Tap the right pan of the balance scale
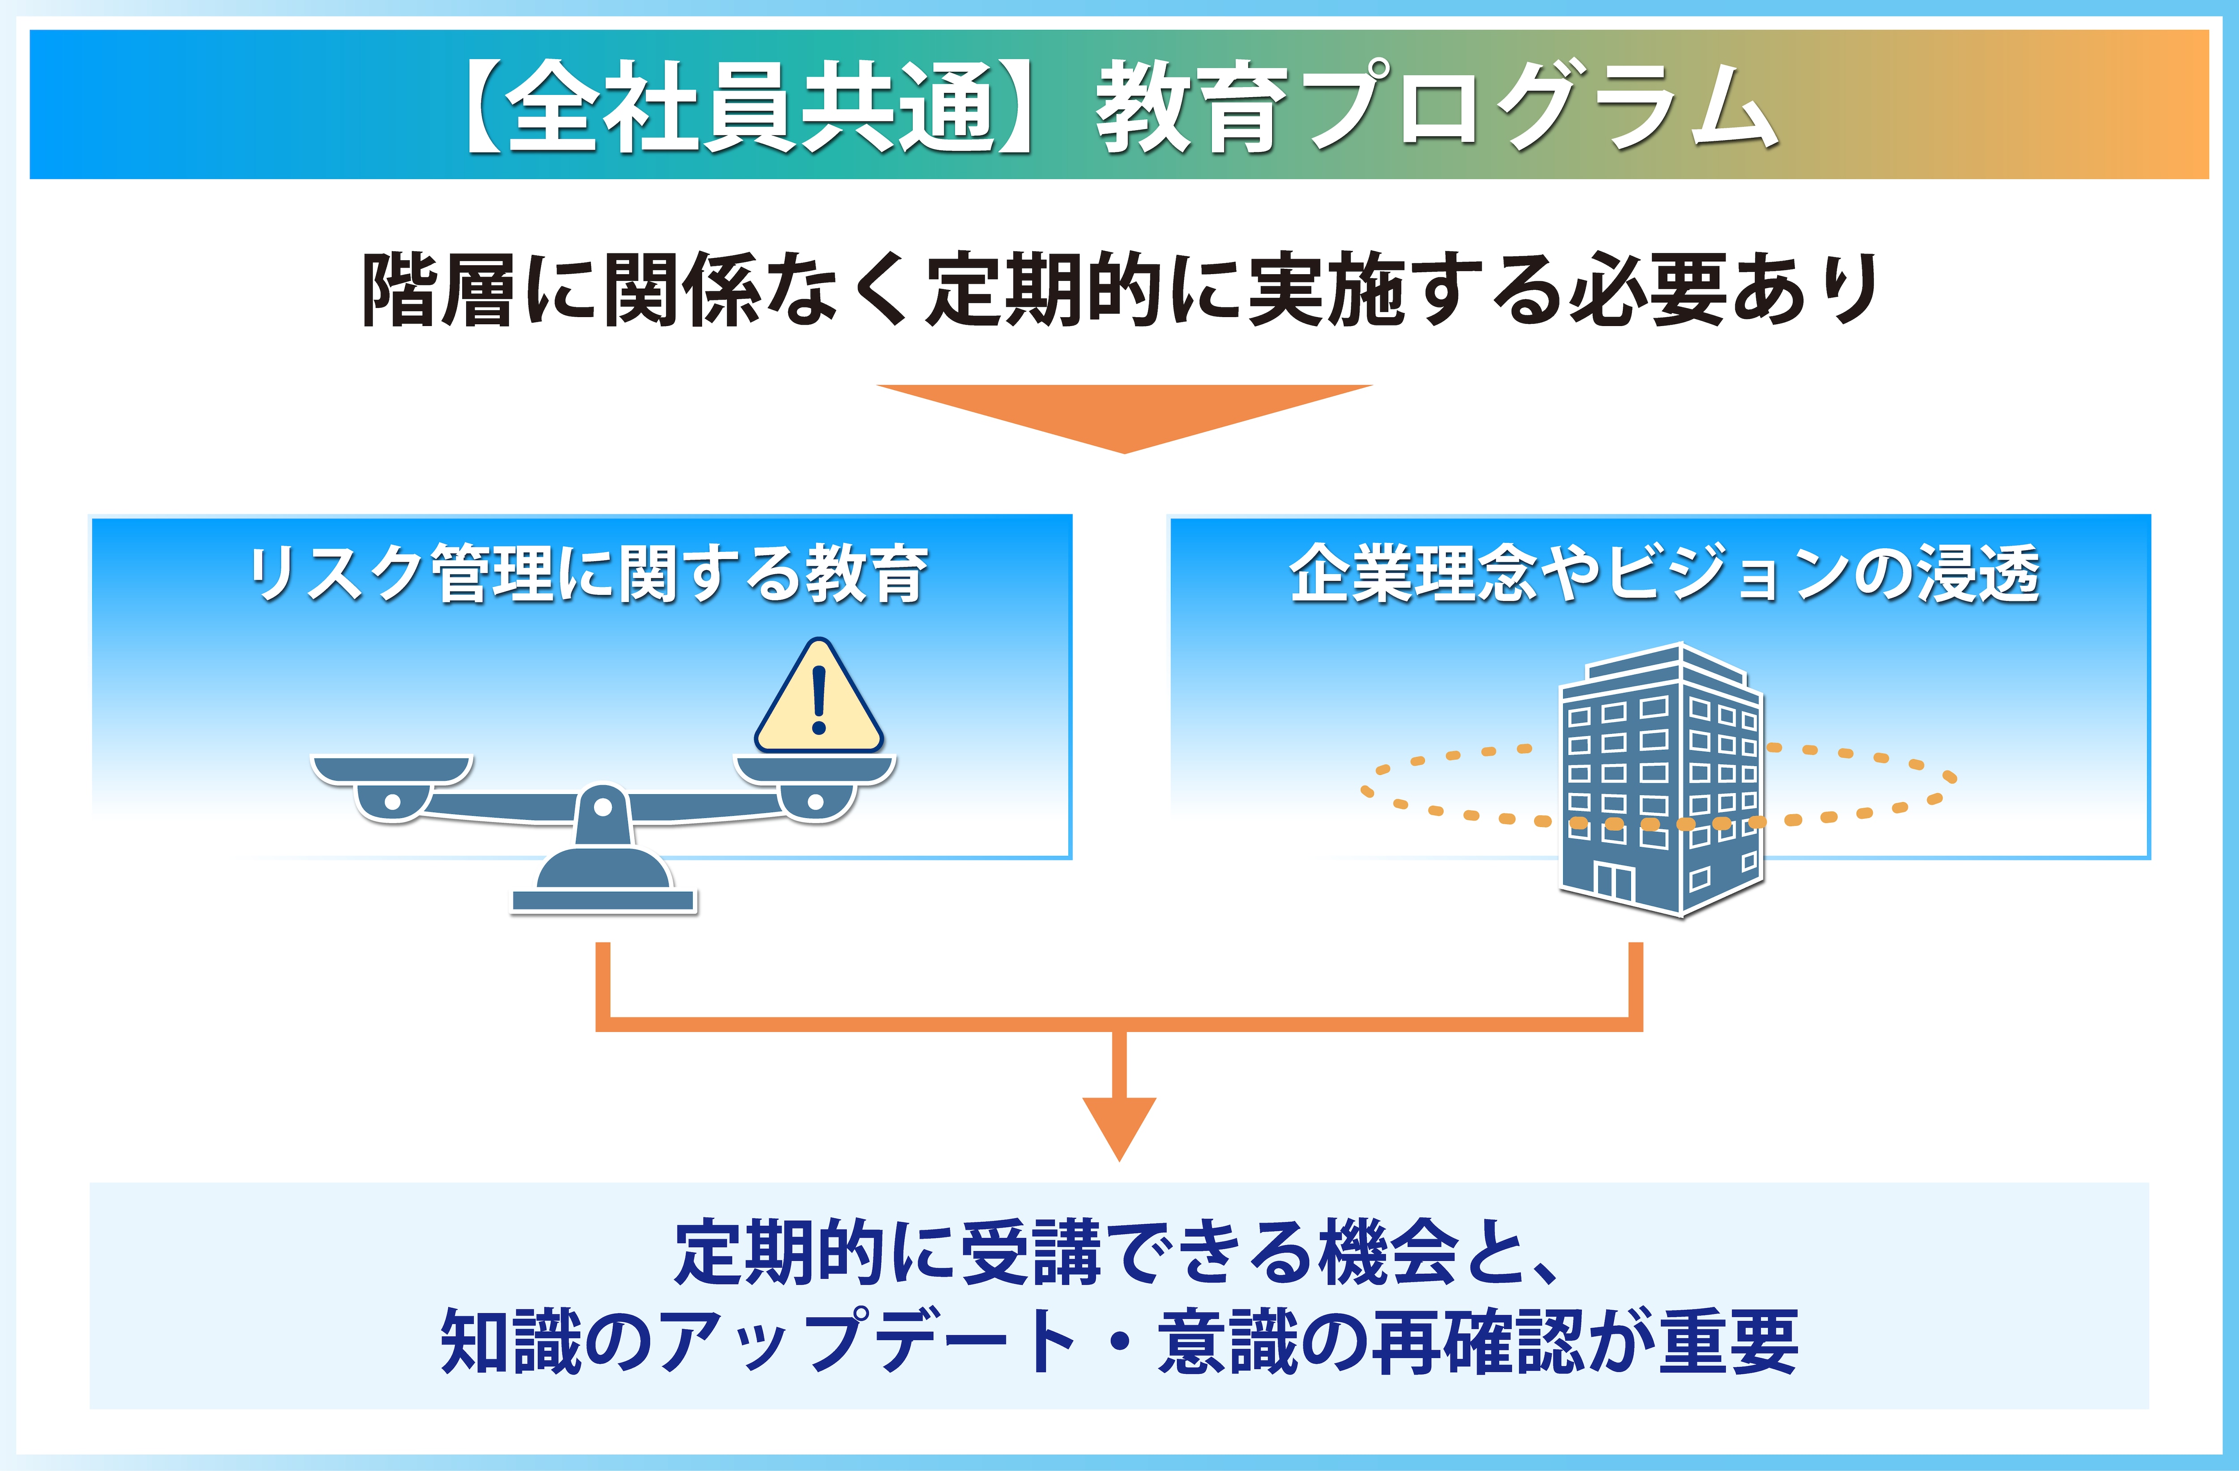(x=815, y=770)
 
